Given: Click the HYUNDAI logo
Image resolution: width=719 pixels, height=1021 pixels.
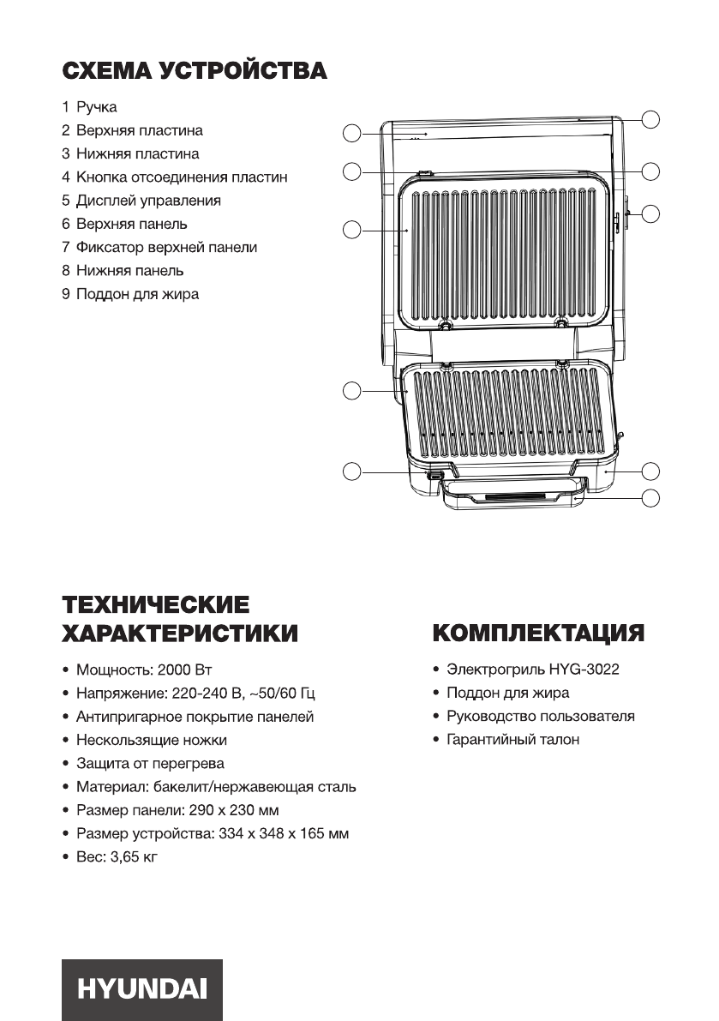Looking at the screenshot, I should (x=141, y=989).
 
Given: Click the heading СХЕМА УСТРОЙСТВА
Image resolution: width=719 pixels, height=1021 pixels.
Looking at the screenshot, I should (x=194, y=71).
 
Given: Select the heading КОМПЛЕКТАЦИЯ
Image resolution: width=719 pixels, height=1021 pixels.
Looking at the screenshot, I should (x=538, y=634).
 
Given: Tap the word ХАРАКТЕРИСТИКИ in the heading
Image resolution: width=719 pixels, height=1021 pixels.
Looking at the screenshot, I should (x=180, y=634).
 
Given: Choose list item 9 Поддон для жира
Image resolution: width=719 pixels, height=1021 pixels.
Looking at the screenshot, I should (x=130, y=294).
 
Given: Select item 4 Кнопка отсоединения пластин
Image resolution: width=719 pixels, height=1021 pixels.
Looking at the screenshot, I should (x=175, y=177).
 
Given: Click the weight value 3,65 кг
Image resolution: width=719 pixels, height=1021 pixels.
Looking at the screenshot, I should (x=133, y=856).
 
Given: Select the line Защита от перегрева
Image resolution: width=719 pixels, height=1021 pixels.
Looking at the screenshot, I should (x=150, y=763).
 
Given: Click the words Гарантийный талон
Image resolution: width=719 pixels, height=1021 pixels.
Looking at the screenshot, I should (x=512, y=739).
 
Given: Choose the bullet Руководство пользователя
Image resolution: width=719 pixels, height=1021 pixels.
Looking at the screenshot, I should (x=540, y=716).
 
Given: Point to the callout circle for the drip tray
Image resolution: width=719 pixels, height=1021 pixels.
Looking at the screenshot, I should (x=650, y=497).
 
